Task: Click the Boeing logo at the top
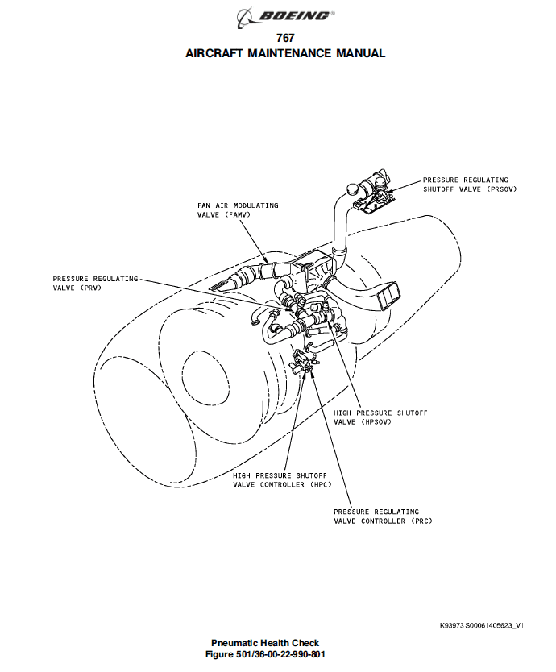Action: coord(285,17)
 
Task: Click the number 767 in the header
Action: coord(285,38)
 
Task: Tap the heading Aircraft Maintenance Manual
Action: coord(285,53)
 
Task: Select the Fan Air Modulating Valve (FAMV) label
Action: coord(238,210)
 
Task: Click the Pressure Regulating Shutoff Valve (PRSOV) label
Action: coord(470,185)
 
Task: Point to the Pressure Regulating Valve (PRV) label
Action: coord(95,283)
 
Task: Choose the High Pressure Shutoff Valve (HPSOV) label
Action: coord(380,417)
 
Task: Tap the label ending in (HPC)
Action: coord(282,480)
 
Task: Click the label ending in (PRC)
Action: coord(383,516)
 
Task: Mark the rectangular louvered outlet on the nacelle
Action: coord(389,295)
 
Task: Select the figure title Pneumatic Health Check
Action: coord(265,643)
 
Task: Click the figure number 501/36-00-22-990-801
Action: coord(265,654)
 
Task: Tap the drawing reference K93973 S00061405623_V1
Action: coord(481,626)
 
